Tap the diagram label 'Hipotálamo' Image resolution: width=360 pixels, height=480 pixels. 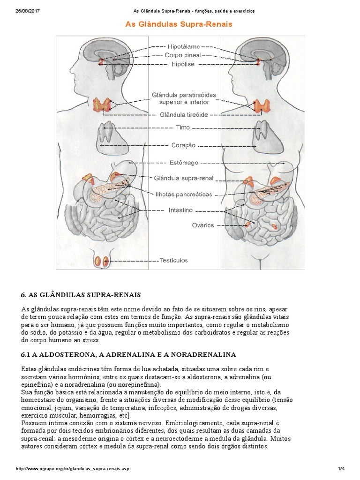184,46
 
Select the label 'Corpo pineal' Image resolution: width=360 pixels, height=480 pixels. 183,55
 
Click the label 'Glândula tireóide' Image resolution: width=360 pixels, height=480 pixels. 184,114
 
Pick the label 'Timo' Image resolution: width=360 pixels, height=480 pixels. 183,127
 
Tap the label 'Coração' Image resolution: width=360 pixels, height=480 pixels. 184,145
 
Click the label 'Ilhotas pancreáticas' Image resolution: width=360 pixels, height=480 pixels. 183,194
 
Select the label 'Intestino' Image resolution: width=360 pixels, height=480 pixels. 180,210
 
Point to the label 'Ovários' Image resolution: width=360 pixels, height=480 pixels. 203,225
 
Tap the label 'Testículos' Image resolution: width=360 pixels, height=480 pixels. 174,260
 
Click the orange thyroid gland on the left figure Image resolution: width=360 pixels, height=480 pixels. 102,105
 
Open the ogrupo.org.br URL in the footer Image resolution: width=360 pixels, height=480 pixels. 72,468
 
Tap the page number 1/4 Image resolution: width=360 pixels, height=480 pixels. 341,468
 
